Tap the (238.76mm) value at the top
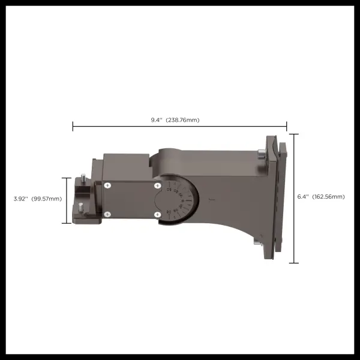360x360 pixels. pos(182,120)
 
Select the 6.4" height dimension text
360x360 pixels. pos(304,197)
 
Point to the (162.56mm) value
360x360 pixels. pos(328,197)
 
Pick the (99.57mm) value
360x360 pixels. pos(47,199)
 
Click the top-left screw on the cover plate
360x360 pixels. pos(107,186)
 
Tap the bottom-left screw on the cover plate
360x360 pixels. pos(107,214)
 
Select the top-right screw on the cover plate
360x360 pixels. pos(157,186)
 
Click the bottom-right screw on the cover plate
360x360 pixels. pos(157,214)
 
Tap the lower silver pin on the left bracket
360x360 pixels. pos(80,206)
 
